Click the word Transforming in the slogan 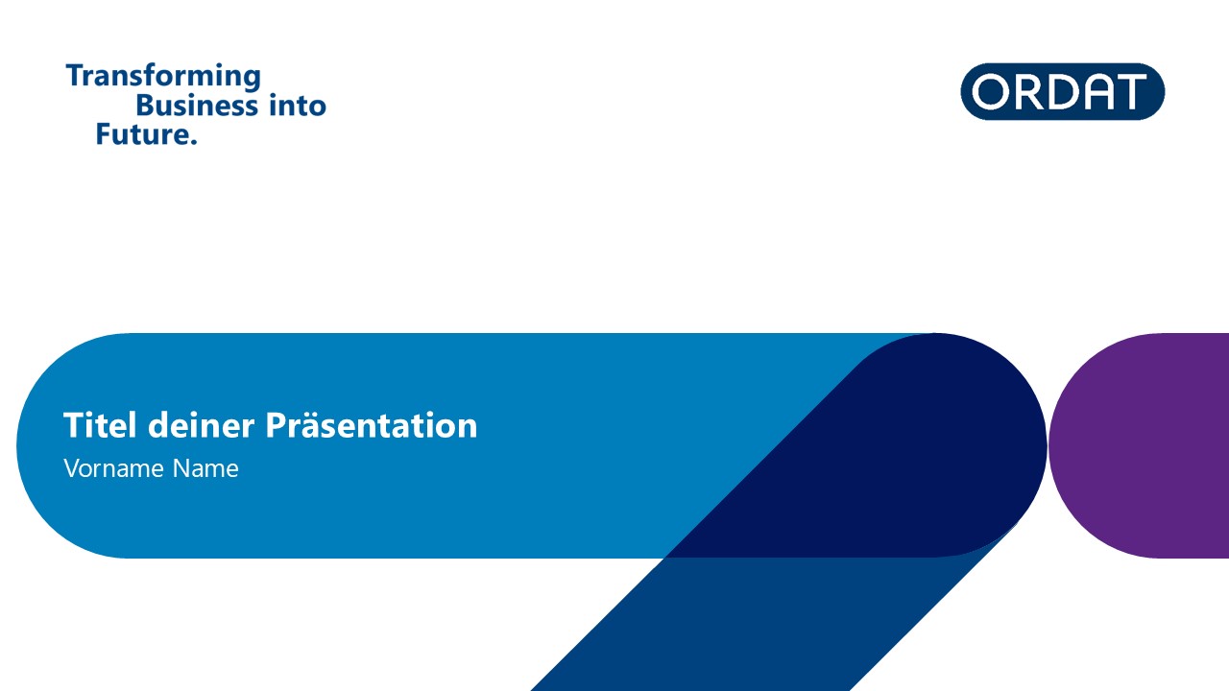[x=163, y=76]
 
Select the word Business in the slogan [x=197, y=105]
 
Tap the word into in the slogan [x=298, y=105]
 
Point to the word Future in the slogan [x=142, y=134]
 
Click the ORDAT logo [x=1062, y=91]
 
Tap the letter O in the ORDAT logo [x=991, y=91]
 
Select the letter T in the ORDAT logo [x=1129, y=91]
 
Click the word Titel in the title [x=100, y=425]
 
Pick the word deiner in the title [x=202, y=425]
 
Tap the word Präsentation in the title [x=372, y=425]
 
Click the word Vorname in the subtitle [x=113, y=469]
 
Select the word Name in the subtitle [x=205, y=469]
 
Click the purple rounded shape [x=1142, y=445]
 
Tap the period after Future [x=193, y=142]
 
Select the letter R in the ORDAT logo [x=1028, y=91]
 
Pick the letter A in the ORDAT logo [x=1096, y=91]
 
